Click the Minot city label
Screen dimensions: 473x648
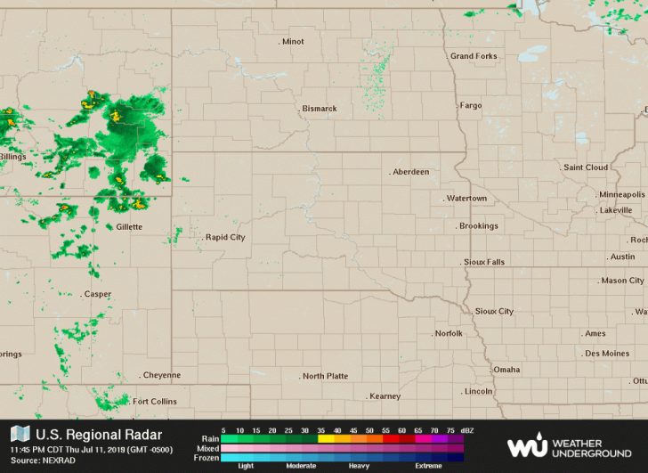pyautogui.click(x=293, y=42)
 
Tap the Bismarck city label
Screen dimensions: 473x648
pyautogui.click(x=320, y=109)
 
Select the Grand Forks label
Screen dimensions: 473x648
pyautogui.click(x=474, y=56)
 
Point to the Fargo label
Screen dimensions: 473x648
pyautogui.click(x=471, y=105)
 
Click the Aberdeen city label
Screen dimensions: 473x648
pyautogui.click(x=411, y=172)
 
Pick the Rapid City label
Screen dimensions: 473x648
pyautogui.click(x=225, y=238)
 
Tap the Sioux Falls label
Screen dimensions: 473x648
pyautogui.click(x=484, y=263)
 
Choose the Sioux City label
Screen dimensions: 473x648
pyautogui.click(x=494, y=312)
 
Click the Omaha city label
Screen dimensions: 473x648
pyautogui.click(x=506, y=370)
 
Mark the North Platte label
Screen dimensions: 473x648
pyautogui.click(x=325, y=377)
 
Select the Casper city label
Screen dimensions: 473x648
pyautogui.click(x=98, y=294)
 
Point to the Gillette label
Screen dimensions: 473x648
pyautogui.click(x=129, y=227)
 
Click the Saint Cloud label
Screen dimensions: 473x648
pyautogui.click(x=586, y=167)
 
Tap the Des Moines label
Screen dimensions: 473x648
pyautogui.click(x=607, y=354)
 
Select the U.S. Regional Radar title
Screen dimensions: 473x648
pyautogui.click(x=99, y=435)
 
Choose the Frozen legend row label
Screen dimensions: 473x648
pyautogui.click(x=207, y=458)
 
